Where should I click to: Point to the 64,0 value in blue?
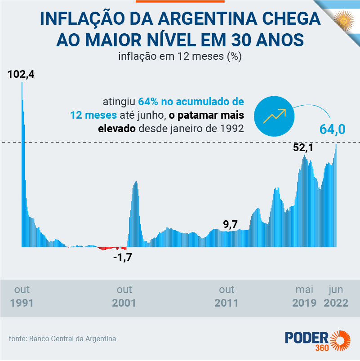click(x=332, y=129)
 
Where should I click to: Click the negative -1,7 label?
click(x=122, y=258)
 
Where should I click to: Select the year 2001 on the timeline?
click(x=124, y=303)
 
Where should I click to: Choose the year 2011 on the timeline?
click(x=227, y=303)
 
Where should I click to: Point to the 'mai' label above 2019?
click(x=304, y=289)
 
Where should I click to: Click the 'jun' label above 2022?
click(x=336, y=289)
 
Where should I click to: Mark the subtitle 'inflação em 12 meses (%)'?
click(x=180, y=56)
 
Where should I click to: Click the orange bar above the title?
click(x=180, y=1)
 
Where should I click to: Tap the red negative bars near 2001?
click(x=112, y=248)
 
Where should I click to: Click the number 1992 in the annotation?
click(x=232, y=128)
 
